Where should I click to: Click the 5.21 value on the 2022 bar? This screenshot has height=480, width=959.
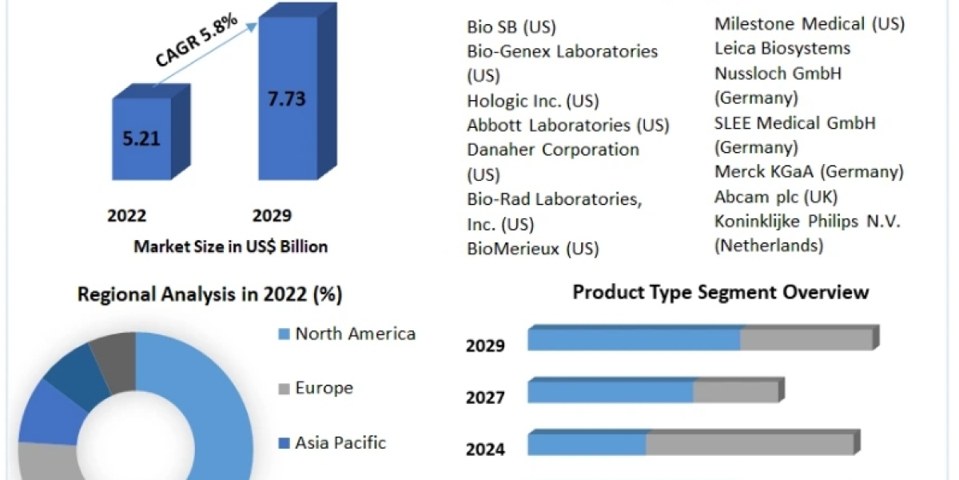(x=141, y=138)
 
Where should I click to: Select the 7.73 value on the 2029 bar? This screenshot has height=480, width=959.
(x=287, y=99)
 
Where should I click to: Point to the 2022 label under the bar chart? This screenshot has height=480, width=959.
(x=127, y=216)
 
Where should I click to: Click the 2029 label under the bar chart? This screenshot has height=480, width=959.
(x=272, y=216)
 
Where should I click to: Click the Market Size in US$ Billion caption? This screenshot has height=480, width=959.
(x=230, y=246)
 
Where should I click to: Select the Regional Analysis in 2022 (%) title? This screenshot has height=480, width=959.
(x=209, y=294)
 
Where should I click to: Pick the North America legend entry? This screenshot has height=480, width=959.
(x=355, y=334)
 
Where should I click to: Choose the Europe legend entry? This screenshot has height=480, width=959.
(x=324, y=388)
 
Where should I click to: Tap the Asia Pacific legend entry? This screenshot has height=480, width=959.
(x=340, y=442)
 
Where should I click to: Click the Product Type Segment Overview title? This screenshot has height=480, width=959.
(x=720, y=292)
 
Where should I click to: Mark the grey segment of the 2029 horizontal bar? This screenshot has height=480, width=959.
(x=806, y=338)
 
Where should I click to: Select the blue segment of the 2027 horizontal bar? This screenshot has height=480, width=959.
(x=611, y=392)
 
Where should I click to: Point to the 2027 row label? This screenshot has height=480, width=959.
(x=485, y=397)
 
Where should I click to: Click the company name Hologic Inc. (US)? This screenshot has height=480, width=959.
(x=533, y=101)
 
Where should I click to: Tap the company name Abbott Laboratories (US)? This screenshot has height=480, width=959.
(x=568, y=126)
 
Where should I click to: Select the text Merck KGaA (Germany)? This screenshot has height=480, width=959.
(x=809, y=172)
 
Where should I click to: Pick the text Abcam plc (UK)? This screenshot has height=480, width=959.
(x=775, y=197)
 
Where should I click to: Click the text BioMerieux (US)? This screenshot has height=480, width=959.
(x=533, y=249)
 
